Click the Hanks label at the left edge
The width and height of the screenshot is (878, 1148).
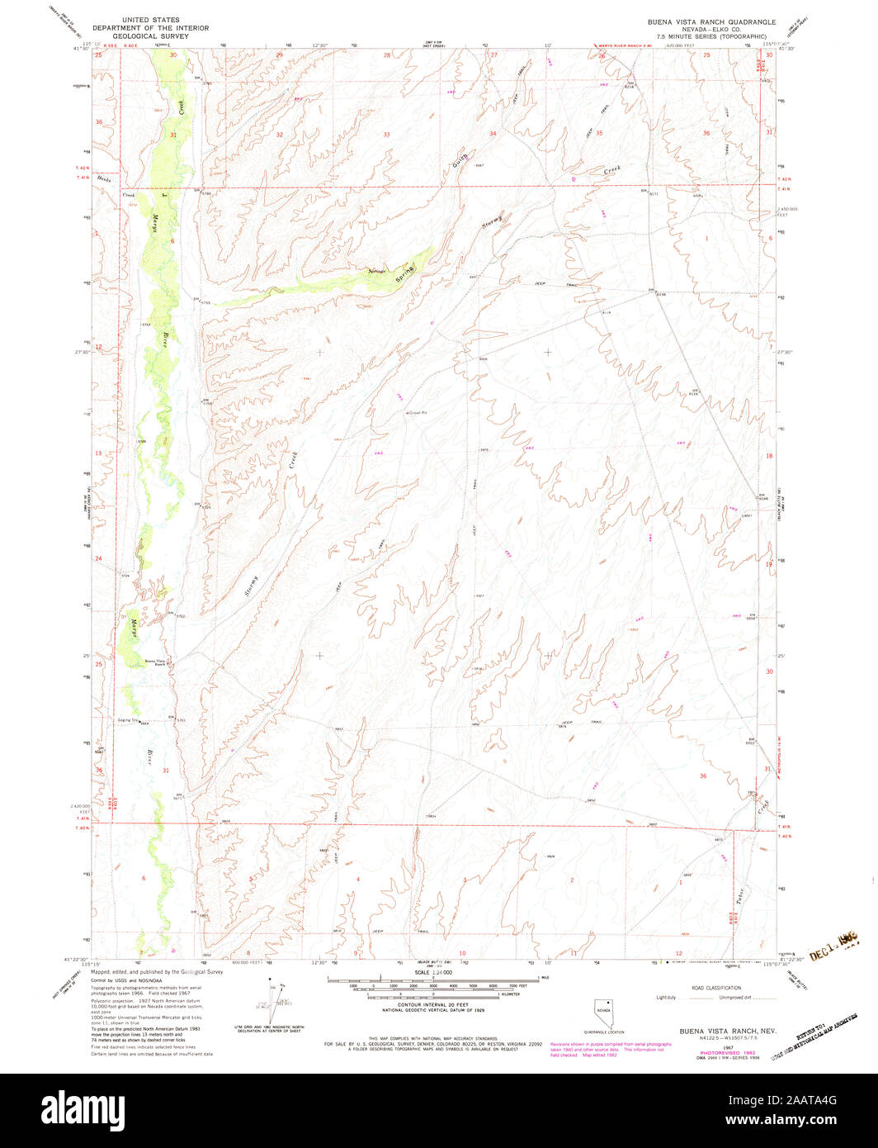103,179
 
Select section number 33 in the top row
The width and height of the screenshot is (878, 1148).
385,134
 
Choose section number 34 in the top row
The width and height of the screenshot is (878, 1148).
493,133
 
